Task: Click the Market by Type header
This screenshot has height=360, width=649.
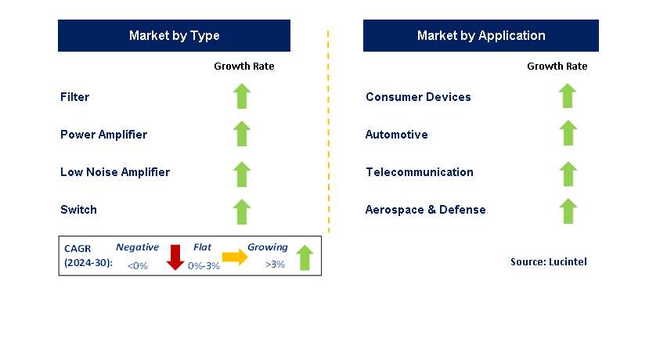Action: (174, 36)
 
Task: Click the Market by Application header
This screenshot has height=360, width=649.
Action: (481, 36)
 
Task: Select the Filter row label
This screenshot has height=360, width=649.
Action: (75, 97)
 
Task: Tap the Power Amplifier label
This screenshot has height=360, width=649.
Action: (103, 135)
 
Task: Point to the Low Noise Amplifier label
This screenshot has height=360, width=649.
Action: (115, 172)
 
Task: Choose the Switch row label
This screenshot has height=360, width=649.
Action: (78, 210)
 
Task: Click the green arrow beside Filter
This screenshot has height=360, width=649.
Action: (242, 96)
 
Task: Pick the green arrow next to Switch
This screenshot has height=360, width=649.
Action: (242, 211)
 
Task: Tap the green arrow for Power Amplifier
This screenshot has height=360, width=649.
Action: (242, 134)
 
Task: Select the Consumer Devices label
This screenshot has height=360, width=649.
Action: (418, 97)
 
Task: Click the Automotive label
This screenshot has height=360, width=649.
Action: (397, 135)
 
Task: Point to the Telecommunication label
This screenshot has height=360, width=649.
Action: (420, 172)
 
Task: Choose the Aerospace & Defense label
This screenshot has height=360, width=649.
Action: (426, 210)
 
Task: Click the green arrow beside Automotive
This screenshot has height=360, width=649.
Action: (568, 133)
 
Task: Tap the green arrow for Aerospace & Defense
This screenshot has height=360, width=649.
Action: (568, 211)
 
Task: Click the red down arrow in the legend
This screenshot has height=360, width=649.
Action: (175, 257)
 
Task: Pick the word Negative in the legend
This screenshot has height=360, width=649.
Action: (138, 247)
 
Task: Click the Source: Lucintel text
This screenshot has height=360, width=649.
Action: (548, 262)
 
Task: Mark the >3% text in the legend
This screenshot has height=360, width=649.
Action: (275, 265)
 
